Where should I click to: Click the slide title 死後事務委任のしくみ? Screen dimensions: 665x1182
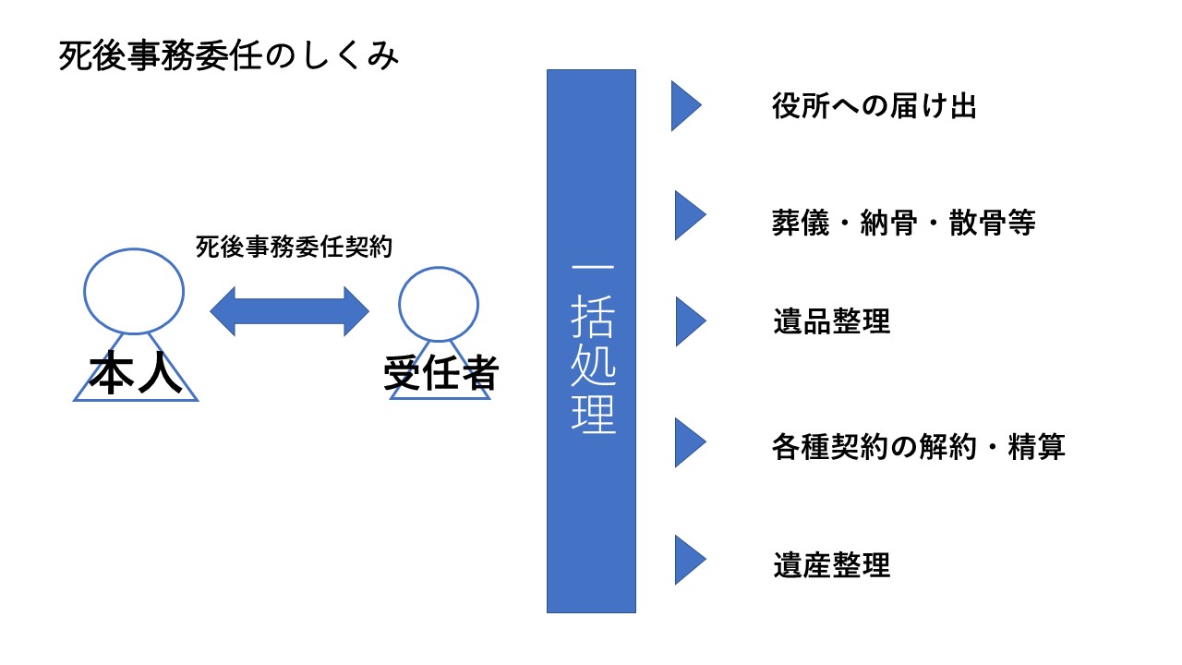(x=229, y=57)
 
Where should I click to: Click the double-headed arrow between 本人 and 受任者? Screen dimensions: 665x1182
(x=289, y=311)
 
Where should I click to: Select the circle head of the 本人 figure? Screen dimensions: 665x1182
(x=134, y=290)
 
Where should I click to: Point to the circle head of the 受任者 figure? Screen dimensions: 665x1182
(x=439, y=304)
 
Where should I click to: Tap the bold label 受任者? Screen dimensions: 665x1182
(x=440, y=375)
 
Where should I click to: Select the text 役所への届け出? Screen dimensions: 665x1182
(x=874, y=106)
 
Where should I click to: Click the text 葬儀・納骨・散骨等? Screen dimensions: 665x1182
(x=904, y=223)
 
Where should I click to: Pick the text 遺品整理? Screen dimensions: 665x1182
(x=831, y=321)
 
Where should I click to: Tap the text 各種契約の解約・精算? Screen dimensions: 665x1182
(x=918, y=447)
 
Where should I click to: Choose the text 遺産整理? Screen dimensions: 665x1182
(x=831, y=564)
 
